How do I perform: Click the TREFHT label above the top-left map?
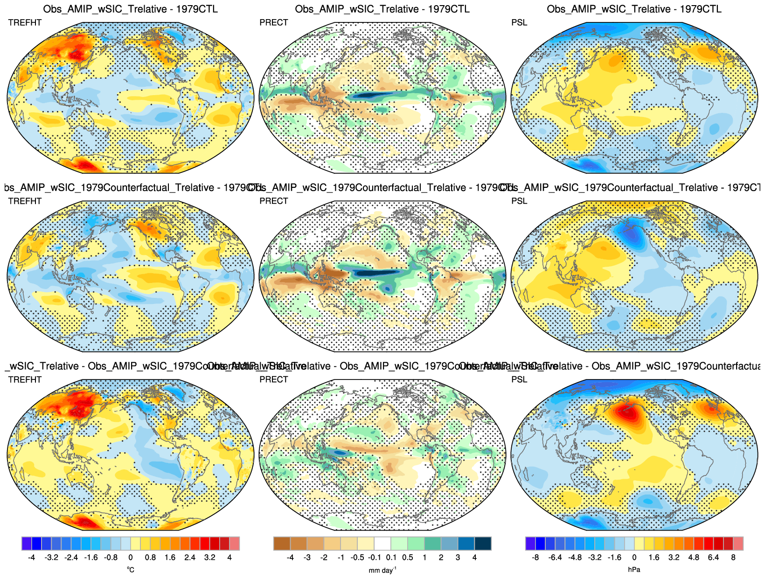25,23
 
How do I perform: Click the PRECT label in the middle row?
274,201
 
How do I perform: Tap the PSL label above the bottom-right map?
519,380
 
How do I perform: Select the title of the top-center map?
382,9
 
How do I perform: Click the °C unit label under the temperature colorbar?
131,570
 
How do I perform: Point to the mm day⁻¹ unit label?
382,570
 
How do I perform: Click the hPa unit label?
634,570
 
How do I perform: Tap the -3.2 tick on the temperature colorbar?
51,558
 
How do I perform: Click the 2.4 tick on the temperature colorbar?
190,558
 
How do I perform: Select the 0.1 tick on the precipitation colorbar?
391,558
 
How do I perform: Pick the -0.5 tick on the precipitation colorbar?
357,558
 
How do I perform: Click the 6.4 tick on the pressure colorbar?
713,558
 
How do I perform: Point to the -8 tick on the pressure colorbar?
535,558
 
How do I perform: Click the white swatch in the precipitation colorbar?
382,544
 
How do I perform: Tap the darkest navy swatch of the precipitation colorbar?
483,544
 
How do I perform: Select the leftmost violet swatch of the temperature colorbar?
27,544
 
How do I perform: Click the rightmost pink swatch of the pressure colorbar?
738,544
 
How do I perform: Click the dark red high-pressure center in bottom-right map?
627,413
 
